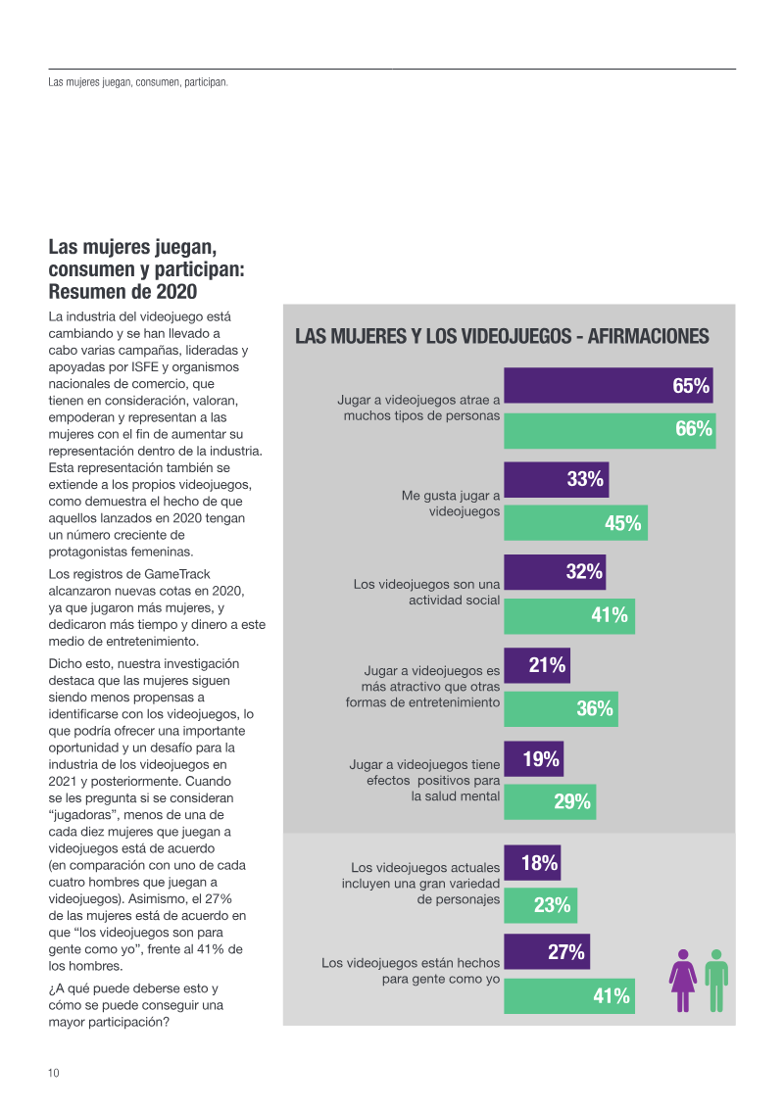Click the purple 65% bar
(608, 385)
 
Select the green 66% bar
(610, 430)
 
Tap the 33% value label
(585, 479)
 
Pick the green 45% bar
(575, 523)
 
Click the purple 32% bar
(555, 572)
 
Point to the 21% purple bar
(536, 666)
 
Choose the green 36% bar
(561, 708)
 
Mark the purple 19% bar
(533, 759)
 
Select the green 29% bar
(550, 802)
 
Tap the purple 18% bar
(532, 863)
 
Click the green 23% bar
(540, 905)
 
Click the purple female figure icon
(683, 980)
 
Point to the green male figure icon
(717, 980)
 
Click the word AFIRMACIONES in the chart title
(648, 337)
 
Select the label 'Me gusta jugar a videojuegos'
(451, 504)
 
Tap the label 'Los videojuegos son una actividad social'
(427, 592)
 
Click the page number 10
(54, 1073)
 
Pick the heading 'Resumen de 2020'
(122, 292)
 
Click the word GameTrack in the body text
(176, 574)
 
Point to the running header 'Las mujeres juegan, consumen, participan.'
(138, 82)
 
